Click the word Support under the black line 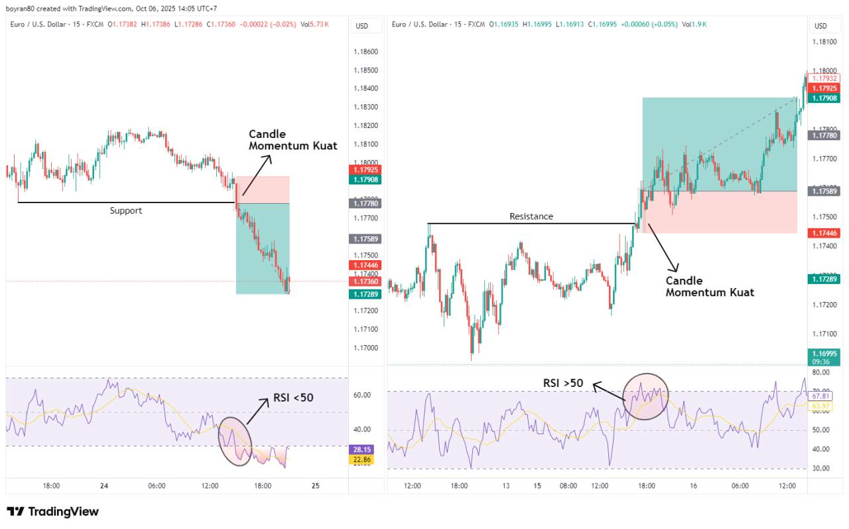point(126,210)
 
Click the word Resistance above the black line point(531,216)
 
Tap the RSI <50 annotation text point(293,398)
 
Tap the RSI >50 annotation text point(563,383)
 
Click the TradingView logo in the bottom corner point(53,512)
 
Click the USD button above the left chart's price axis point(361,26)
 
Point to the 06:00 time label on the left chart point(157,486)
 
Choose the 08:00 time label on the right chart point(568,486)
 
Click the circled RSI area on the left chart point(235,441)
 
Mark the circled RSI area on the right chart point(645,396)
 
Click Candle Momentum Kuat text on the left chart point(293,140)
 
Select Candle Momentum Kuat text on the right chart point(710,287)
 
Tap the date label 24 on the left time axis point(104,486)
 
